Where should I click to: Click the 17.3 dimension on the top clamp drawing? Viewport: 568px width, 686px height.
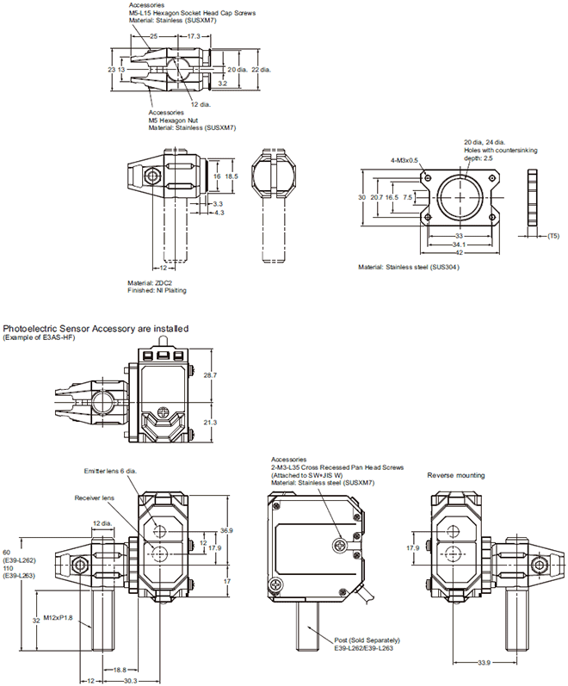pyautogui.click(x=194, y=37)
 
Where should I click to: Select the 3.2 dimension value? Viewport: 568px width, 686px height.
pyautogui.click(x=221, y=84)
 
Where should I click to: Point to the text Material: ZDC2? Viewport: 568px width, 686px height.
pyautogui.click(x=151, y=282)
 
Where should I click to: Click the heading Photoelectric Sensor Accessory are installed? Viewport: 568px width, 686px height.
pyautogui.click(x=96, y=329)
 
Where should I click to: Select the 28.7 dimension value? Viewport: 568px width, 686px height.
pyautogui.click(x=221, y=376)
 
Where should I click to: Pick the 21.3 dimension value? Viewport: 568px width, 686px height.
pyautogui.click(x=221, y=423)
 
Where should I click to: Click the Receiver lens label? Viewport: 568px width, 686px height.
pyautogui.click(x=94, y=497)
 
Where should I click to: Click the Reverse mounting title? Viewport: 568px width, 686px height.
pyautogui.click(x=456, y=475)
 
